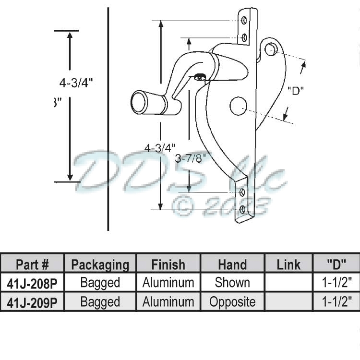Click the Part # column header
pyautogui.click(x=32, y=264)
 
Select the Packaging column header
pyautogui.click(x=100, y=264)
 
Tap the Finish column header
pyautogui.click(x=168, y=264)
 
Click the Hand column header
pyautogui.click(x=232, y=264)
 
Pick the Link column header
pyautogui.click(x=288, y=264)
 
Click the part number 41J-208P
pyautogui.click(x=32, y=283)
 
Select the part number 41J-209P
pyautogui.click(x=32, y=302)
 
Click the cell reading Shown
pyautogui.click(x=232, y=283)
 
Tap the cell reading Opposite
pyautogui.click(x=232, y=302)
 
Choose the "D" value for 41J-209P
pyautogui.click(x=336, y=302)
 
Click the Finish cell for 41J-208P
pyautogui.click(x=168, y=283)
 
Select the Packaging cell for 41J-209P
pyautogui.click(x=100, y=302)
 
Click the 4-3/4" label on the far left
pyautogui.click(x=76, y=82)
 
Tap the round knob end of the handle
pyautogui.click(x=139, y=102)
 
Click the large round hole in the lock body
pyautogui.click(x=238, y=106)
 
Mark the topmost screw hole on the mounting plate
pyautogui.click(x=244, y=21)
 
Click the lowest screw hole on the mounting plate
pyautogui.click(x=242, y=209)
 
